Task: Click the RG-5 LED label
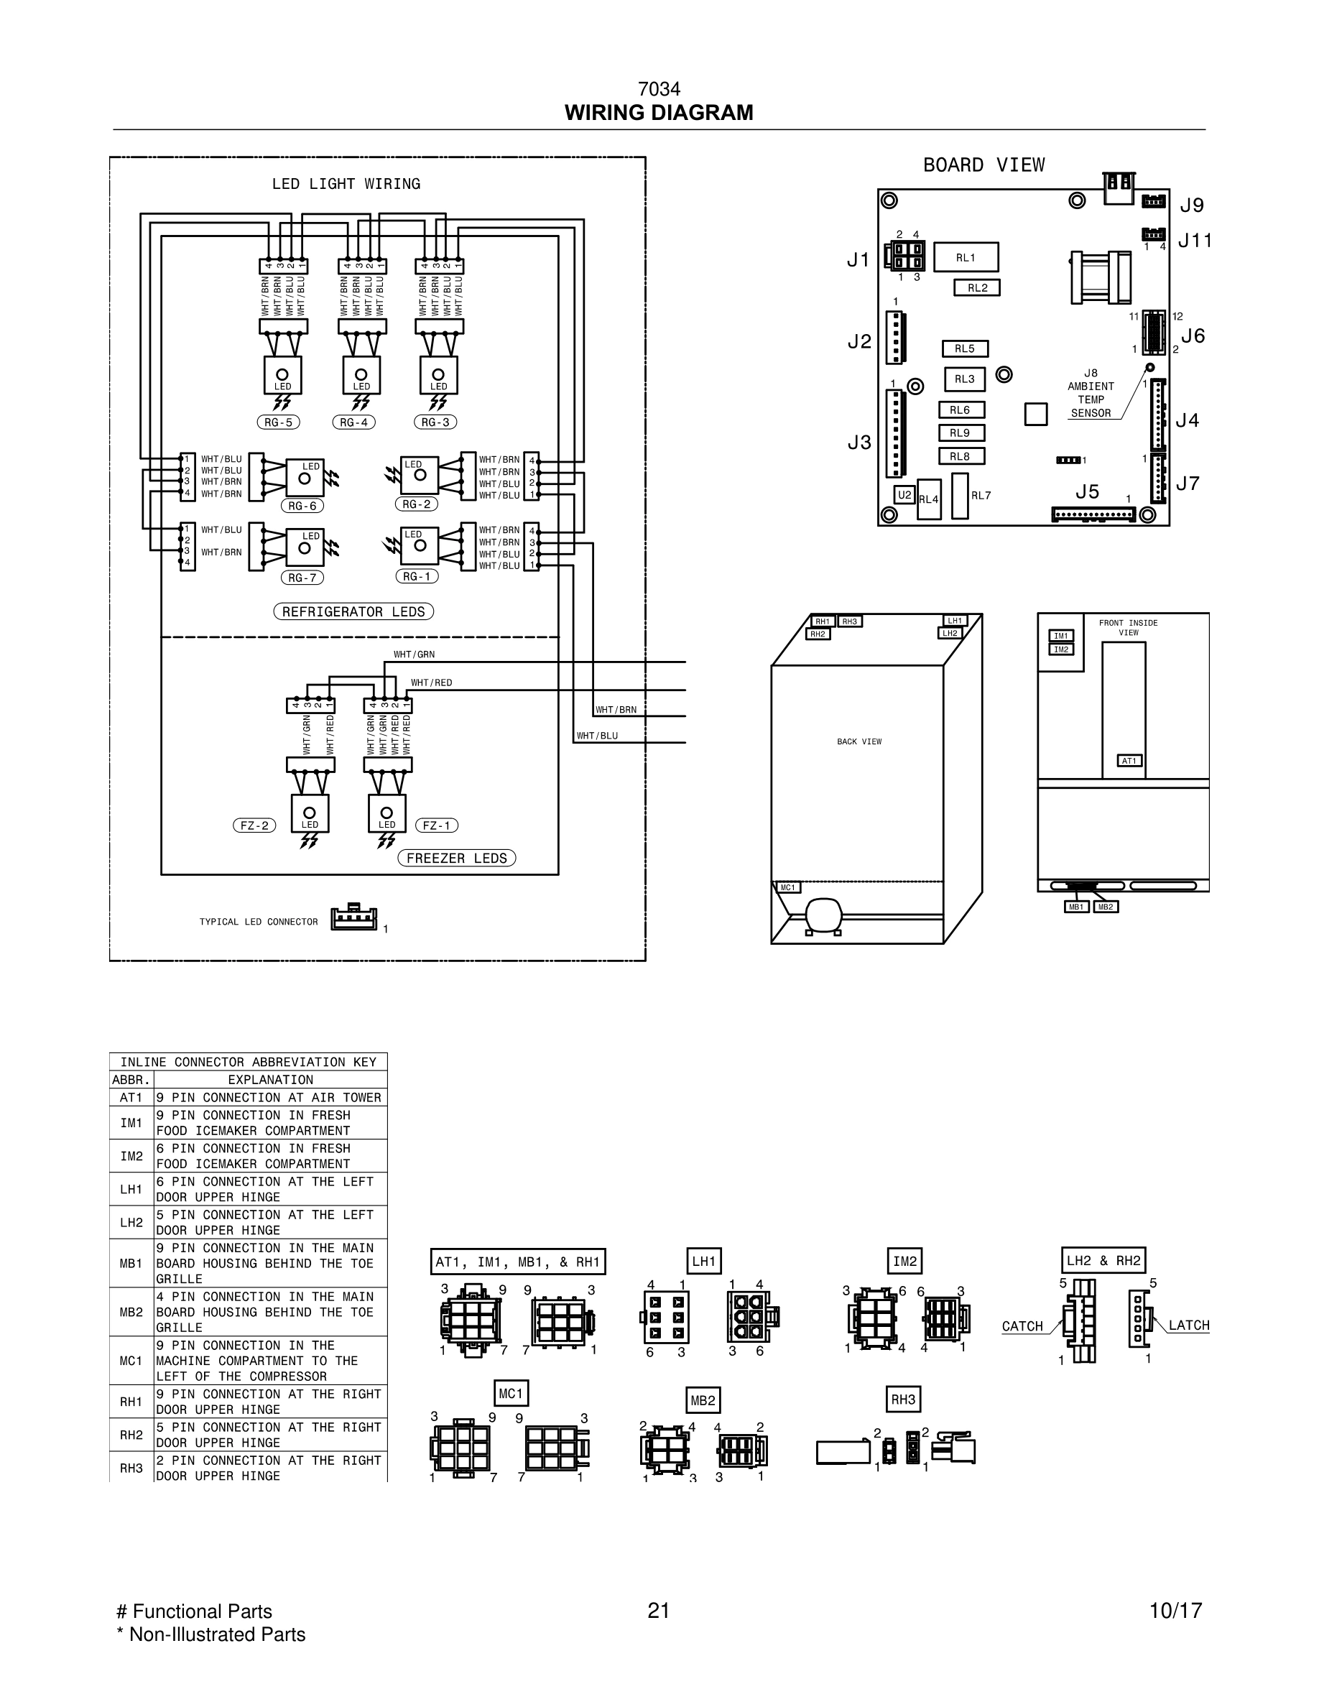[278, 422]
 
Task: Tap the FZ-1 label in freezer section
[437, 825]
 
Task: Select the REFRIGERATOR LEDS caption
[353, 611]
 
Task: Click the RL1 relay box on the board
[966, 257]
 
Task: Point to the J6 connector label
[1193, 336]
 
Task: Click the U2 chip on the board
[904, 495]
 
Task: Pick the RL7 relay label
[981, 496]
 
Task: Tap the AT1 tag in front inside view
[1129, 761]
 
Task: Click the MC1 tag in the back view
[787, 887]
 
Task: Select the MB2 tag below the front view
[1105, 907]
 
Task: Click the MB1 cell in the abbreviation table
[131, 1262]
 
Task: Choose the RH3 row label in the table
[131, 1468]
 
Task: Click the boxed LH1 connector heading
[703, 1261]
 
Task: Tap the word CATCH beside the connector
[1022, 1326]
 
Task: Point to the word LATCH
[1188, 1326]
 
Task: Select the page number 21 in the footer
[659, 1611]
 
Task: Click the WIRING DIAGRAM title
[659, 113]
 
